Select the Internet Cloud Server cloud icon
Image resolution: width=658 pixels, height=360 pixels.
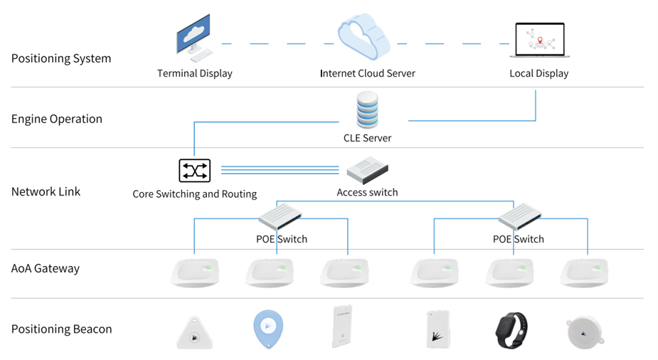[364, 40]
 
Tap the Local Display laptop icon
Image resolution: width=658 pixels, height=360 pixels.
[539, 41]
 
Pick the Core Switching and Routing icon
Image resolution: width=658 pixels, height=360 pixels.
[194, 171]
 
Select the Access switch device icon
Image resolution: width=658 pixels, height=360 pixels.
[368, 171]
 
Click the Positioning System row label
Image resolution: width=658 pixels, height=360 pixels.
[61, 58]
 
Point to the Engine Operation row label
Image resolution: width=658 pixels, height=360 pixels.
[57, 119]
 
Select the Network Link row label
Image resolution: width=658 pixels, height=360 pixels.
[46, 191]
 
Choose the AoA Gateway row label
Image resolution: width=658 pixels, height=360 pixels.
[46, 268]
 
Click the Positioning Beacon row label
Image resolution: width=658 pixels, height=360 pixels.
[61, 329]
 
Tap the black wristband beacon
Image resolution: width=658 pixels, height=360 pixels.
[511, 329]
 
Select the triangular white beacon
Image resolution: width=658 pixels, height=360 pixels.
[195, 331]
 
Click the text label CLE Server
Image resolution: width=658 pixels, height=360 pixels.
[368, 138]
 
